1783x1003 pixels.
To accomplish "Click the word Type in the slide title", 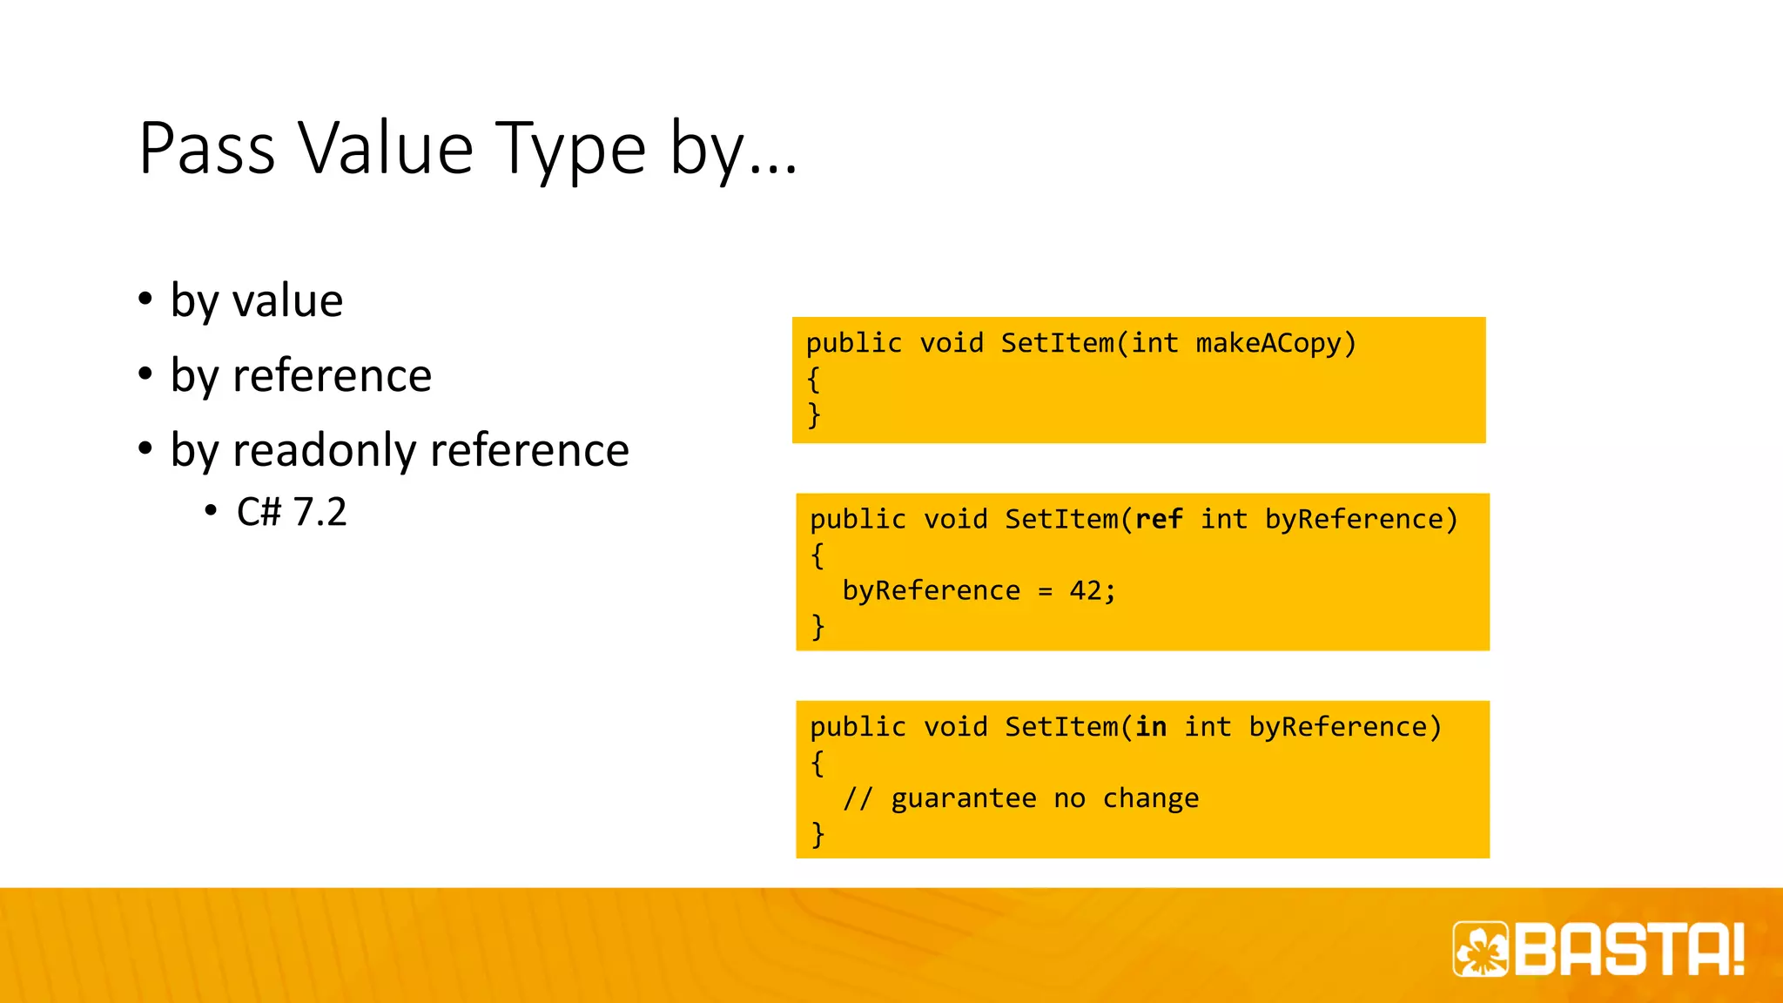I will click(570, 149).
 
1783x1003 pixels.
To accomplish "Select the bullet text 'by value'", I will click(257, 301).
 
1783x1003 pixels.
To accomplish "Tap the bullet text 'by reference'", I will click(301, 376).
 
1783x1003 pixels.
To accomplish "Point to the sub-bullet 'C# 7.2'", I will click(292, 512).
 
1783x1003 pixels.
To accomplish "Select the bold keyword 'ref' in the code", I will click(1159, 520).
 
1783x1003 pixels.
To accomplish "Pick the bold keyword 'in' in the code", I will click(1151, 727).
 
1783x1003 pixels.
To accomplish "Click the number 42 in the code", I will click(1086, 591).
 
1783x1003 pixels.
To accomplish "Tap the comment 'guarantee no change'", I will click(1044, 798).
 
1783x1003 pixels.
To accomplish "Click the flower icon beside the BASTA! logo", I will click(1481, 949).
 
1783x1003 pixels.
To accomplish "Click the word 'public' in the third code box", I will click(858, 727).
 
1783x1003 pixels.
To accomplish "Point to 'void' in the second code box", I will click(955, 520).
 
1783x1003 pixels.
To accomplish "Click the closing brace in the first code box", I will click(814, 414).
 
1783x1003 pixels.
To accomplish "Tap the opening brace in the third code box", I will click(817, 764).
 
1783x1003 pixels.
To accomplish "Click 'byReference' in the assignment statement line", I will click(931, 591).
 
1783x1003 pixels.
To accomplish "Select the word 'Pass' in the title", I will click(207, 149).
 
